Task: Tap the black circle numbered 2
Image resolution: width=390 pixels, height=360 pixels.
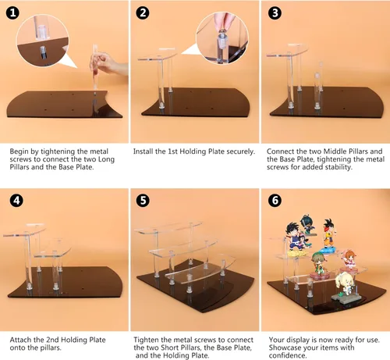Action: (144, 13)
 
